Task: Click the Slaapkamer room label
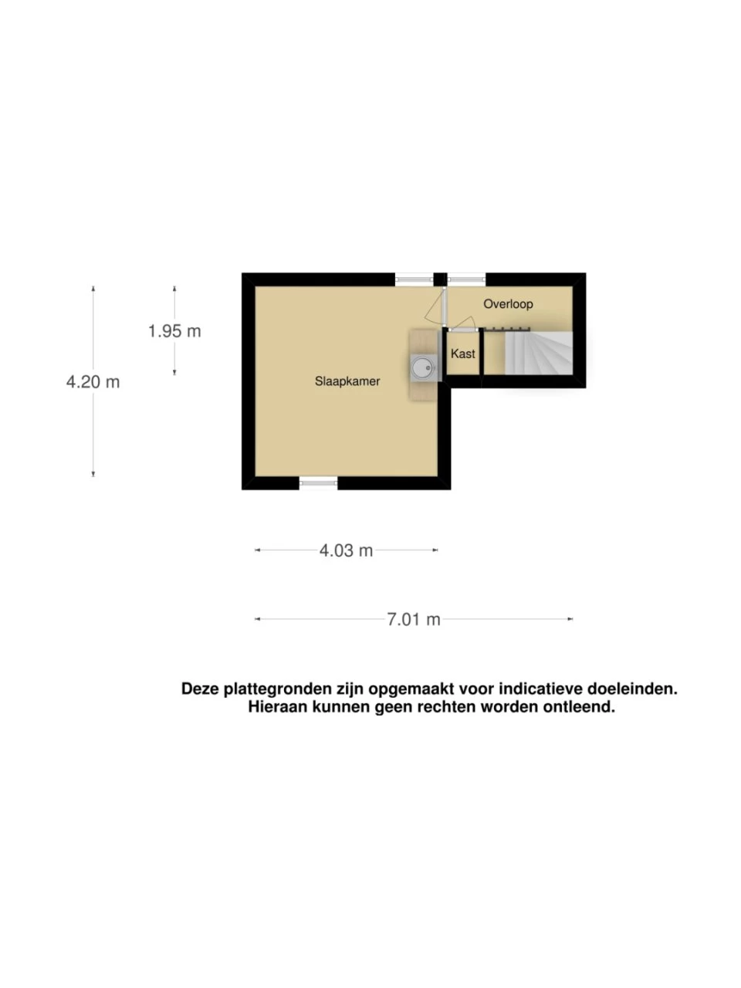click(347, 381)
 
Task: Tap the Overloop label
click(508, 304)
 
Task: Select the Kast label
click(462, 354)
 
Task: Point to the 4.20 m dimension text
click(93, 382)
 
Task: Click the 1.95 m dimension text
click(174, 331)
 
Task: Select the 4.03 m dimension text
click(346, 550)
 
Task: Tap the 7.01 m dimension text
click(414, 619)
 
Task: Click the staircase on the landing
click(539, 353)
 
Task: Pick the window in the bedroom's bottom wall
click(319, 483)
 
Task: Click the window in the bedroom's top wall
click(414, 279)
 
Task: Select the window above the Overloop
click(466, 279)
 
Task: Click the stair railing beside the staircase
click(507, 330)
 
